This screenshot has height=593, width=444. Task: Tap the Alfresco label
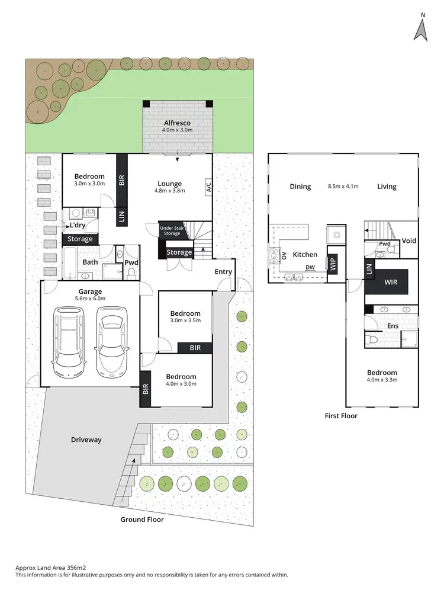(x=176, y=123)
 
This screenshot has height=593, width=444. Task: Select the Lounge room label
(x=170, y=184)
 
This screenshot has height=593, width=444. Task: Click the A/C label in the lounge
(x=208, y=188)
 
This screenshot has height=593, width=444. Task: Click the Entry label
(x=224, y=272)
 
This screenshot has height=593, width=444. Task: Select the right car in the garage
(x=112, y=342)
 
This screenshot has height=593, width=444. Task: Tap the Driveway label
(x=86, y=440)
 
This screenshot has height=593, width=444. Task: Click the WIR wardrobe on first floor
(x=391, y=283)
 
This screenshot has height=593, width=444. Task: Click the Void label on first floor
(x=409, y=241)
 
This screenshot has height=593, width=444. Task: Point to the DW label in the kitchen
(x=310, y=267)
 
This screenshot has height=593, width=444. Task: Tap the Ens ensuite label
(x=392, y=326)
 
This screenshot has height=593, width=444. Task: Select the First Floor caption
(x=341, y=416)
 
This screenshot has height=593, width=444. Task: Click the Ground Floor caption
(x=141, y=520)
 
